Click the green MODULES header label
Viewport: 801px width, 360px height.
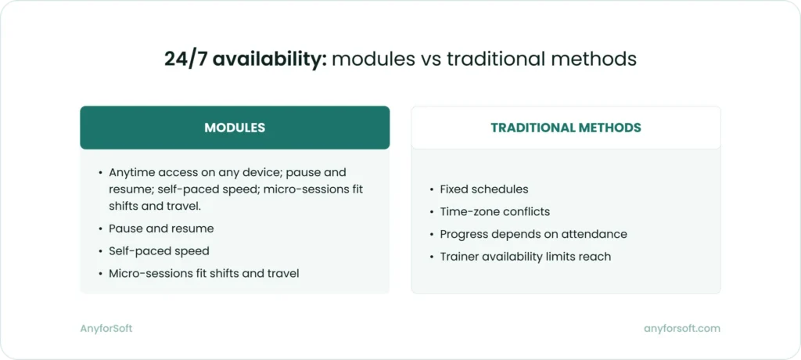[x=235, y=128]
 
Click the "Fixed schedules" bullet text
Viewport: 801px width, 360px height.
[x=484, y=189]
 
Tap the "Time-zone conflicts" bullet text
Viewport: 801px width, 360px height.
[x=495, y=211]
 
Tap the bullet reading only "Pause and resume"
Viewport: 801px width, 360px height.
[x=161, y=229]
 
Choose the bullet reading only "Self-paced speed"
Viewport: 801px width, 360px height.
[x=159, y=251]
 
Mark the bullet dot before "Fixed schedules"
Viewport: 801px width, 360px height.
[x=432, y=189]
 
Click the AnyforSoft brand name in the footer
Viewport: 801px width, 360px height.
[x=106, y=329]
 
